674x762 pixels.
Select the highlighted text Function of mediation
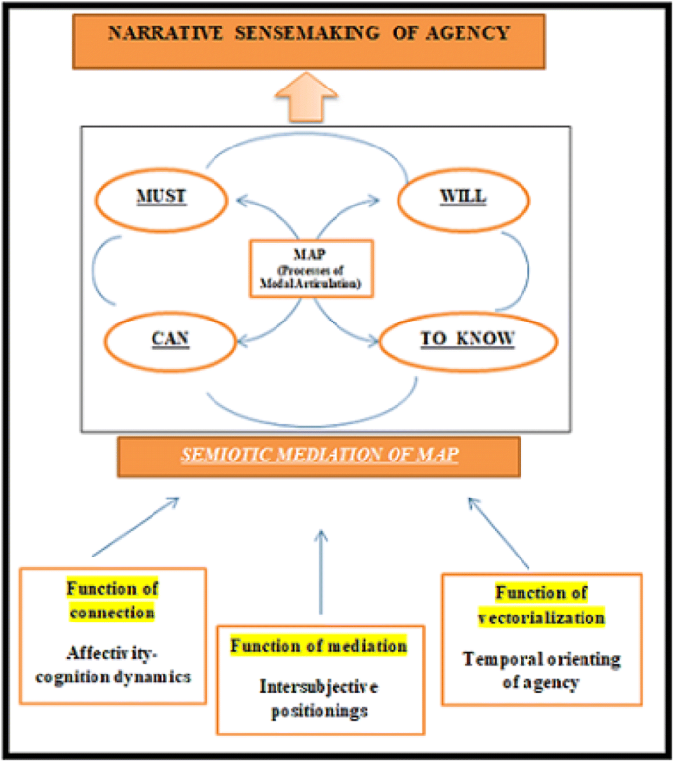pos(319,646)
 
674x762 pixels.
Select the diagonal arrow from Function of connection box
pos(134,529)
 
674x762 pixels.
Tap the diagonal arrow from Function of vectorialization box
pos(500,531)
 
